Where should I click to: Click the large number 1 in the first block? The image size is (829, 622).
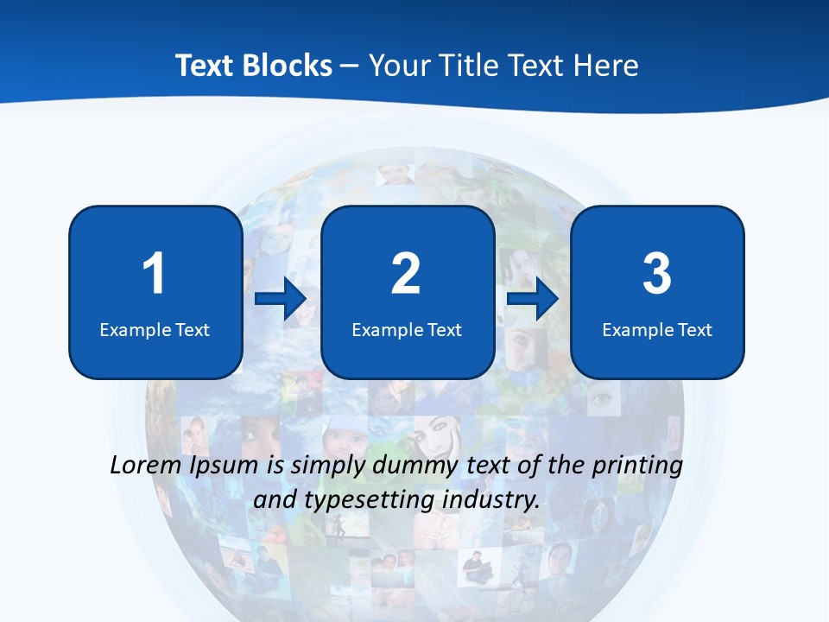click(x=154, y=274)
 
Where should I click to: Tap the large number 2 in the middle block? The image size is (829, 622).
click(x=406, y=274)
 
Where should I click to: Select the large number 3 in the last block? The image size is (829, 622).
click(x=657, y=274)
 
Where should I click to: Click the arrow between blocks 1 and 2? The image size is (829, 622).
click(x=281, y=299)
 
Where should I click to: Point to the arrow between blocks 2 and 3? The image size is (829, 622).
click(x=533, y=299)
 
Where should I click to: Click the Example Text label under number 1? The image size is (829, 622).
click(x=155, y=330)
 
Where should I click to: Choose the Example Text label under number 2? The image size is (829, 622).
click(x=407, y=330)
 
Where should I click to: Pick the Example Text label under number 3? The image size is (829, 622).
click(x=657, y=330)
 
